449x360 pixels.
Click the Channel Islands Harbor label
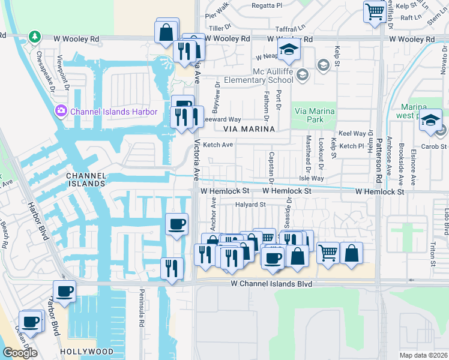tap(113, 112)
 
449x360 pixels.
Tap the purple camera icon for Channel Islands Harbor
tap(61, 111)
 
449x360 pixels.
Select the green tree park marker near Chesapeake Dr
tap(35, 37)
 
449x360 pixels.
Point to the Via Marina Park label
tap(312, 115)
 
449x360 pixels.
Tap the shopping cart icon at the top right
tap(375, 11)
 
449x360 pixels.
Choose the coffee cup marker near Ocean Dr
tap(30, 321)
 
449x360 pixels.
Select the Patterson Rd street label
tap(379, 158)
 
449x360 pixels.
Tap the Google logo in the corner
tap(20, 353)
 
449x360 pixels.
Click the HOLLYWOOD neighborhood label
tap(86, 351)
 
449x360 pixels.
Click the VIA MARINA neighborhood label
tap(249, 129)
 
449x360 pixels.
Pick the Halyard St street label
tap(250, 205)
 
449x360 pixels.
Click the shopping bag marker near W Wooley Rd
tap(166, 31)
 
